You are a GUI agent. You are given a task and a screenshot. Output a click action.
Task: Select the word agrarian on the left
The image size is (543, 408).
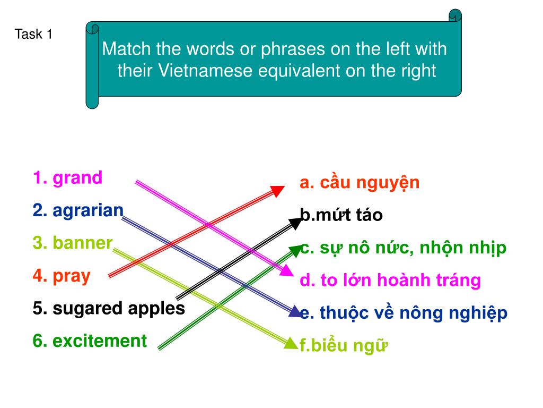pyautogui.click(x=88, y=210)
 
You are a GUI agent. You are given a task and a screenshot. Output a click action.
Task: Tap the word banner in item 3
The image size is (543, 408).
pyautogui.click(x=82, y=242)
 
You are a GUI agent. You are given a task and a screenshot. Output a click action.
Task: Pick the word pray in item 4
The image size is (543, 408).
pyautogui.click(x=72, y=276)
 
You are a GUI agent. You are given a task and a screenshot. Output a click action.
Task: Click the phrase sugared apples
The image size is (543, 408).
pyautogui.click(x=119, y=309)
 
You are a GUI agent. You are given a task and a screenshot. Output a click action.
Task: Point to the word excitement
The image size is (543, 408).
pyautogui.click(x=100, y=341)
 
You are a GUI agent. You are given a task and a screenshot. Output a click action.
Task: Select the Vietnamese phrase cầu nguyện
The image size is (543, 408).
pyautogui.click(x=370, y=183)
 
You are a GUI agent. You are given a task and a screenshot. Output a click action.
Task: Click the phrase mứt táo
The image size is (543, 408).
pyautogui.click(x=349, y=215)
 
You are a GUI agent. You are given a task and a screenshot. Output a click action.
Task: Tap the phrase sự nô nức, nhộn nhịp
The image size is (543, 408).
pyautogui.click(x=413, y=248)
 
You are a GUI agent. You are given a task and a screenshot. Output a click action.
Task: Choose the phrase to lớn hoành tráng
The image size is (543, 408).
pyautogui.click(x=401, y=279)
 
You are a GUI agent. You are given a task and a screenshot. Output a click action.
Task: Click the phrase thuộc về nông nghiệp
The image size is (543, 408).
pyautogui.click(x=414, y=312)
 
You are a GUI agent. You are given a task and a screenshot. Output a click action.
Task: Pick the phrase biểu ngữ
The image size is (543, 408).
pyautogui.click(x=349, y=345)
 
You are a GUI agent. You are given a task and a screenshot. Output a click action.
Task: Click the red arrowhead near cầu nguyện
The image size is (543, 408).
pyautogui.click(x=277, y=191)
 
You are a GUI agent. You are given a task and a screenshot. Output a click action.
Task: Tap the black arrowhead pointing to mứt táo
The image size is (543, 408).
pyautogui.click(x=296, y=223)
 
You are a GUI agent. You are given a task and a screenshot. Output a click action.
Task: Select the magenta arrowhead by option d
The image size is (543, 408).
pyautogui.click(x=287, y=270)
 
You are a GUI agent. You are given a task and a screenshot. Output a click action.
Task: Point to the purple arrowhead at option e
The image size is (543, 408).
pyautogui.click(x=295, y=311)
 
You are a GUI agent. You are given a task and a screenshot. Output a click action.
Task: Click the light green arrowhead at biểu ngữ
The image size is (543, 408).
pyautogui.click(x=291, y=343)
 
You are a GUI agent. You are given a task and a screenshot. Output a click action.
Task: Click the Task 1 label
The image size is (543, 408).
pyautogui.click(x=33, y=34)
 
